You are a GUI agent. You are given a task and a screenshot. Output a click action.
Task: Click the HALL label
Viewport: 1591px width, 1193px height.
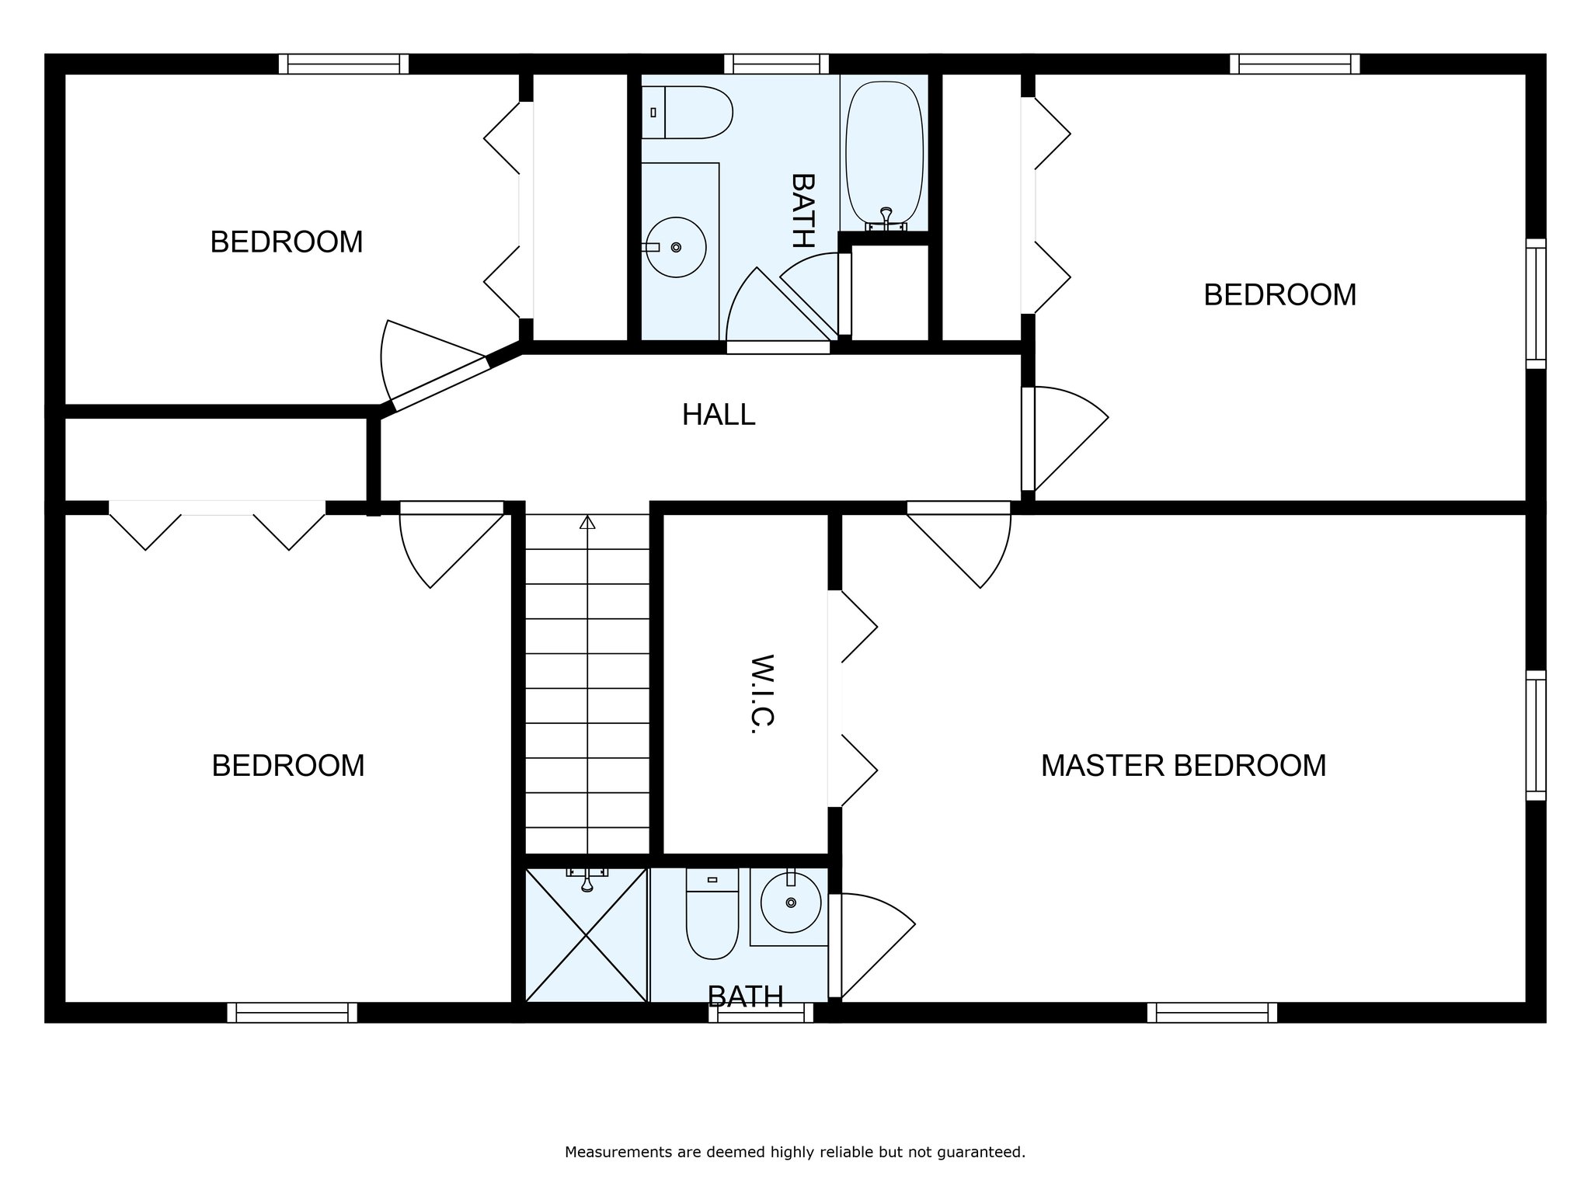pos(719,415)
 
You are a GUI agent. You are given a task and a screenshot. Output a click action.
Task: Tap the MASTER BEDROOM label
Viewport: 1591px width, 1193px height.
pos(1183,766)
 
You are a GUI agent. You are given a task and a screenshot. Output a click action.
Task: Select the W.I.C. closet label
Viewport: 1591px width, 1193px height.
pos(764,693)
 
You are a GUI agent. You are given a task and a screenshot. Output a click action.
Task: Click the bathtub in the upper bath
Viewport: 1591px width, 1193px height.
pos(885,156)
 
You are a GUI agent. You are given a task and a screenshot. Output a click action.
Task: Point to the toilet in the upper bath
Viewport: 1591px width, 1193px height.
pos(687,113)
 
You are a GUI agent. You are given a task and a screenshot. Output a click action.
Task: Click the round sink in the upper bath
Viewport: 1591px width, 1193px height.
pos(676,247)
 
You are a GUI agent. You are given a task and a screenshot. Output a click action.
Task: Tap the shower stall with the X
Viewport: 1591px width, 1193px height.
pos(587,934)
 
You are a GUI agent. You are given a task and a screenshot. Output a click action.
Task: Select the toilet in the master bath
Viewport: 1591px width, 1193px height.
pos(712,913)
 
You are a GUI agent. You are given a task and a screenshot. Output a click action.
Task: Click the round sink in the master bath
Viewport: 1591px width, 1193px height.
pos(791,902)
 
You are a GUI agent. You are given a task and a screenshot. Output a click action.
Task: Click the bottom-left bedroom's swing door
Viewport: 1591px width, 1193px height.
pos(452,545)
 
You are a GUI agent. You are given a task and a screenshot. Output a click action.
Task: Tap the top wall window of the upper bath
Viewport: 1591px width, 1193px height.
pos(776,64)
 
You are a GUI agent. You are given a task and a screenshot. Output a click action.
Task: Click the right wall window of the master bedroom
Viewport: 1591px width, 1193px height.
pos(1536,736)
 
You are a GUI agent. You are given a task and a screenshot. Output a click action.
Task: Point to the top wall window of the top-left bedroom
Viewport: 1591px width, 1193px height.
pos(343,64)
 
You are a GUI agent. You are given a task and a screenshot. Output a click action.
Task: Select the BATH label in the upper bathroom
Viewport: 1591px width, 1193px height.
pos(803,210)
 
